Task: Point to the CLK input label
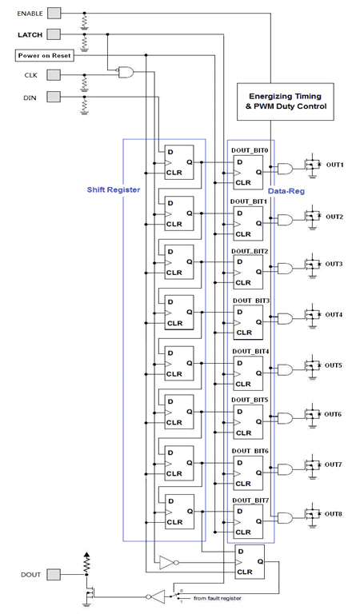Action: pos(30,75)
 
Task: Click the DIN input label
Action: pos(30,98)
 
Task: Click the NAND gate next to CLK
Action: pos(125,73)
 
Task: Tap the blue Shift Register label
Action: pos(92,190)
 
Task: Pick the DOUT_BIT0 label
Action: pos(250,150)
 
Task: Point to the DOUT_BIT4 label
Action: pos(250,351)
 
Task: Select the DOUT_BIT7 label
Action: pos(250,500)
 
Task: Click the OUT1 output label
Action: pos(334,165)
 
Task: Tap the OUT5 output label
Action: pos(334,365)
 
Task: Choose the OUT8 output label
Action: pos(334,514)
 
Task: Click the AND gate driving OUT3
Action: pos(284,269)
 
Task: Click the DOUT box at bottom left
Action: pos(30,574)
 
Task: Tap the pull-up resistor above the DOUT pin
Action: pos(86,566)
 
